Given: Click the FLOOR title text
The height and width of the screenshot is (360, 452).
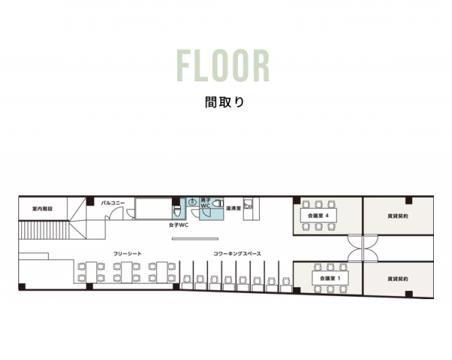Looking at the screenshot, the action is point(223,66).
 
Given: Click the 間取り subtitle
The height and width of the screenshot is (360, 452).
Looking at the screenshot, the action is point(224,102).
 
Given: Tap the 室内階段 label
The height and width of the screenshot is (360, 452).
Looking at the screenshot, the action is point(42,209).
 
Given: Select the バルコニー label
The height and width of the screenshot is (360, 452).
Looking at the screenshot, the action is point(113,203).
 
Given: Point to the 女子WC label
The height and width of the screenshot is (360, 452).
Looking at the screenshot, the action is point(179,225).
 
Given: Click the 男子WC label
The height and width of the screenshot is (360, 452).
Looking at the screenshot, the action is point(206,203).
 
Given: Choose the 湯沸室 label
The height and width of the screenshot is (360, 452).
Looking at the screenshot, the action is point(234,208).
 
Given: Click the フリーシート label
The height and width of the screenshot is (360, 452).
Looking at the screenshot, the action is point(127,254).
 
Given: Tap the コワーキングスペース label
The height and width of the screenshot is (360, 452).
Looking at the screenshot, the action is point(237,254).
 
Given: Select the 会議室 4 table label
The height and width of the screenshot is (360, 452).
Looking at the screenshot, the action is point(318,215).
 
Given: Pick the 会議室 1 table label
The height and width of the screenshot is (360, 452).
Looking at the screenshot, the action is point(330,279).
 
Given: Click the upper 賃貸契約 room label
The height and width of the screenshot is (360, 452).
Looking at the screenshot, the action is point(398,216).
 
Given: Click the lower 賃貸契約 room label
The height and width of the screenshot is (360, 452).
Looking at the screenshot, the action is point(398,279).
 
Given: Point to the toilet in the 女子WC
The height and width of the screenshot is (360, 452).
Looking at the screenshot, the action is point(177,212).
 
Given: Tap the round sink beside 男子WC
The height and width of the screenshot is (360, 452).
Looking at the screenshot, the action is point(192,203).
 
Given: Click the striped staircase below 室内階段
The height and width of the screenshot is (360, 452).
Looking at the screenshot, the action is point(44,230).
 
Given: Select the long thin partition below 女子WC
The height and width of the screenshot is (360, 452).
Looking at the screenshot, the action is point(195,239).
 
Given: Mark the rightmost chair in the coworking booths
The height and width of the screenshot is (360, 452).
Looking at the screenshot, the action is point(286,281).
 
